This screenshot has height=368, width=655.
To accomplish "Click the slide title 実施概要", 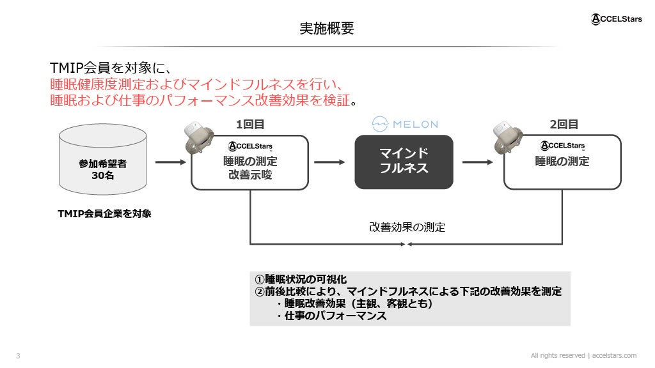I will click(327, 29).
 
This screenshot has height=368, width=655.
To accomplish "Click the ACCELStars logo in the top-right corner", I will click(615, 20).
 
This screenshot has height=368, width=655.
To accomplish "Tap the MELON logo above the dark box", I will click(404, 124).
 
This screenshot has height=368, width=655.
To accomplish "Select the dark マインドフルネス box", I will click(404, 162).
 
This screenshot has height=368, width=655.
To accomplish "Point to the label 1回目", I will click(250, 125).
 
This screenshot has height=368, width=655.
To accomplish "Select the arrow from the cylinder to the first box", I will click(170, 162).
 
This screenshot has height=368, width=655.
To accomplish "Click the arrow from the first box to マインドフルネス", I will click(329, 162).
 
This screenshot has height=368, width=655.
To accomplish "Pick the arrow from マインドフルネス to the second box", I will click(478, 162).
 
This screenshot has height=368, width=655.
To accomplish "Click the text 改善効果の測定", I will click(407, 227).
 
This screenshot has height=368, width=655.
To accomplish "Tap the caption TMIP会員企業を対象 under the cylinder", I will click(105, 214).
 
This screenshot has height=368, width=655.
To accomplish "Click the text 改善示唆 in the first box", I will click(250, 175).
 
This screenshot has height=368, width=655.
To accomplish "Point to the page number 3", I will click(18, 356).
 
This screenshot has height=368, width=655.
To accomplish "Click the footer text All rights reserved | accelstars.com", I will click(583, 355).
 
